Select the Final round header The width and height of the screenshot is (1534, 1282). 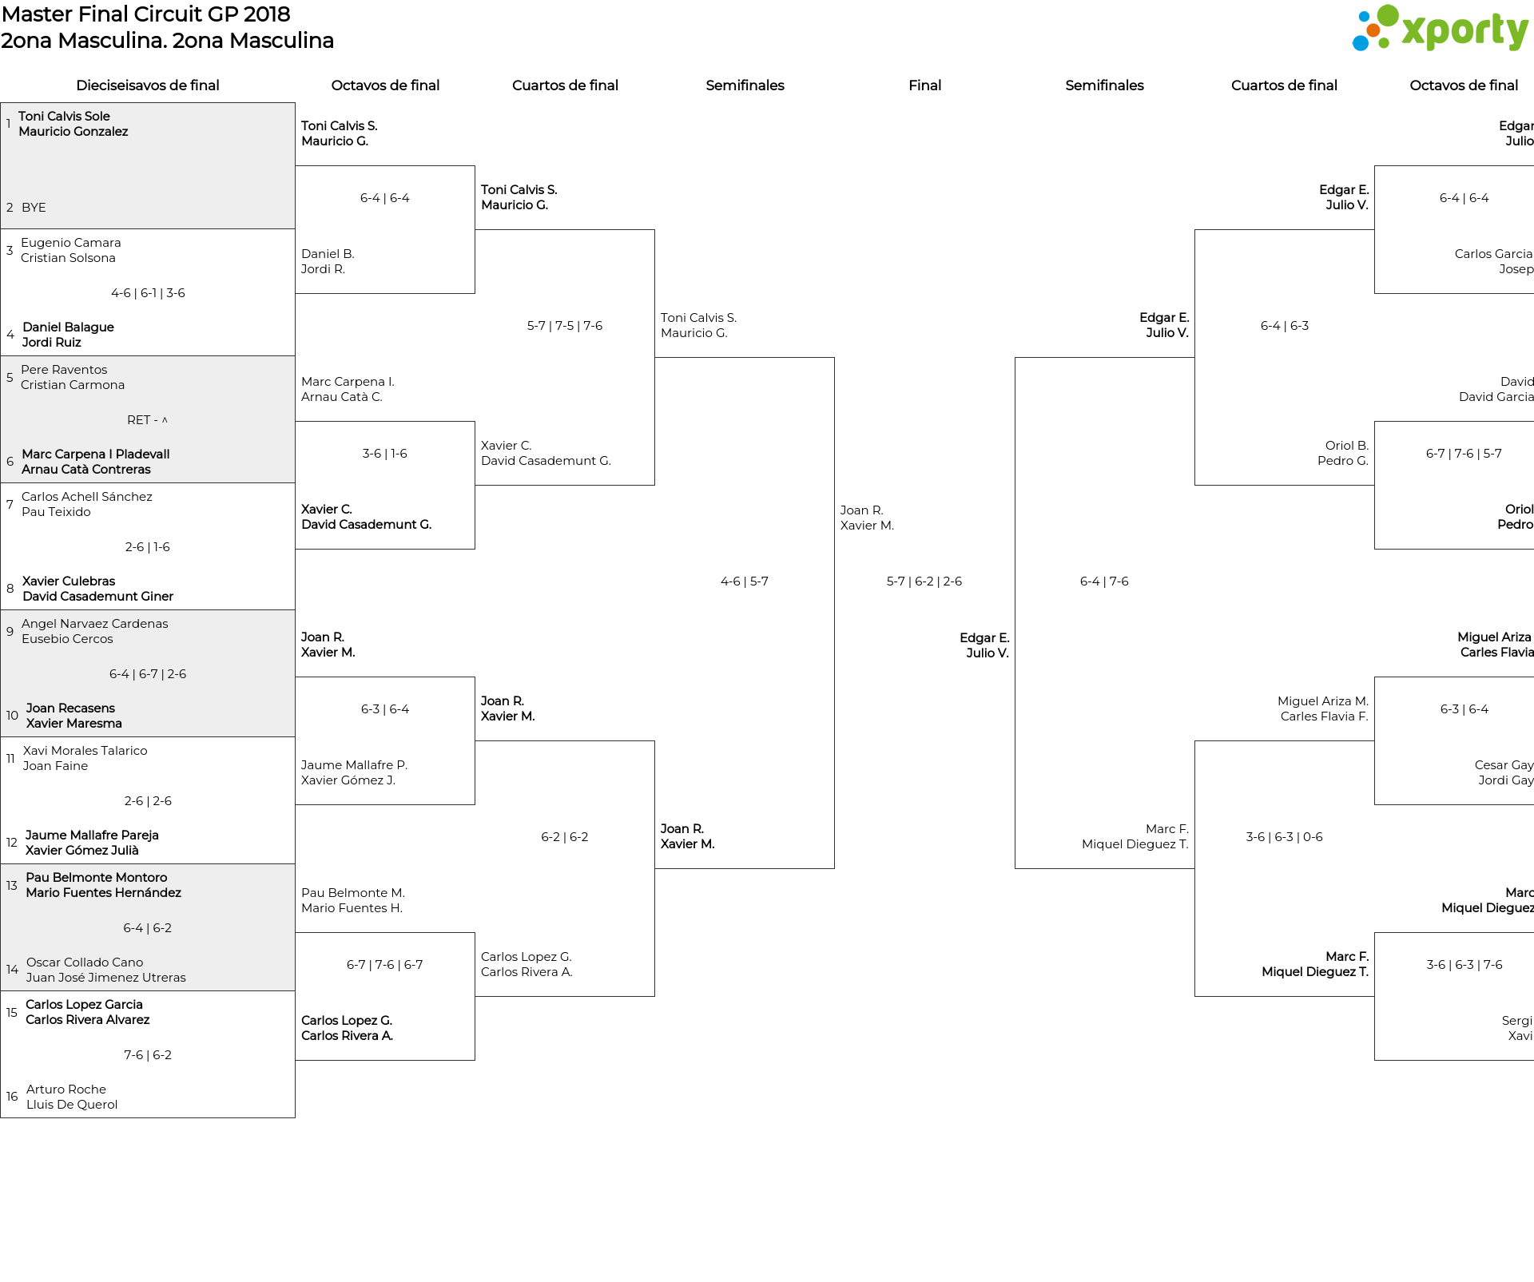click(x=924, y=85)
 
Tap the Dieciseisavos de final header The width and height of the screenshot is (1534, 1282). click(x=147, y=85)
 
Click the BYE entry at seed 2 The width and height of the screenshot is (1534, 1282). click(x=34, y=208)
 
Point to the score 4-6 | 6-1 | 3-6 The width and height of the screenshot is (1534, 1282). click(x=148, y=293)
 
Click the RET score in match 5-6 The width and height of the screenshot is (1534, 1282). click(x=147, y=420)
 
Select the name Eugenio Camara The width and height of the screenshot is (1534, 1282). click(x=71, y=243)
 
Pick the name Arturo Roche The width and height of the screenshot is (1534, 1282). click(x=66, y=1090)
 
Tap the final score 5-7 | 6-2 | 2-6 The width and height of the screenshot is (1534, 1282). click(x=924, y=581)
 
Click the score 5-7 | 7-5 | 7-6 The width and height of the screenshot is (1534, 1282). click(x=565, y=326)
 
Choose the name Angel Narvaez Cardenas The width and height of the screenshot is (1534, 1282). click(x=95, y=624)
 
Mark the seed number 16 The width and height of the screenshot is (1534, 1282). click(x=12, y=1097)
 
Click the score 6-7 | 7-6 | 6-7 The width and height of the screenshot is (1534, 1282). click(x=384, y=965)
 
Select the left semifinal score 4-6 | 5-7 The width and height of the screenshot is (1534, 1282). click(x=744, y=581)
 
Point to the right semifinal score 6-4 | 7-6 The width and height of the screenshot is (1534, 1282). click(x=1104, y=581)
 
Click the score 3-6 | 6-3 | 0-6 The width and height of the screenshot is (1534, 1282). click(x=1284, y=837)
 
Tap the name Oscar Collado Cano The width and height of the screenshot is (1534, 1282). click(x=85, y=962)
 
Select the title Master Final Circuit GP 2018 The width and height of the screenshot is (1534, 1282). click(x=145, y=14)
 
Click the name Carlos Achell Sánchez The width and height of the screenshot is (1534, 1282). click(x=87, y=497)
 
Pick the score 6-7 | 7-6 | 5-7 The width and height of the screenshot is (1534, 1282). click(x=1464, y=454)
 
